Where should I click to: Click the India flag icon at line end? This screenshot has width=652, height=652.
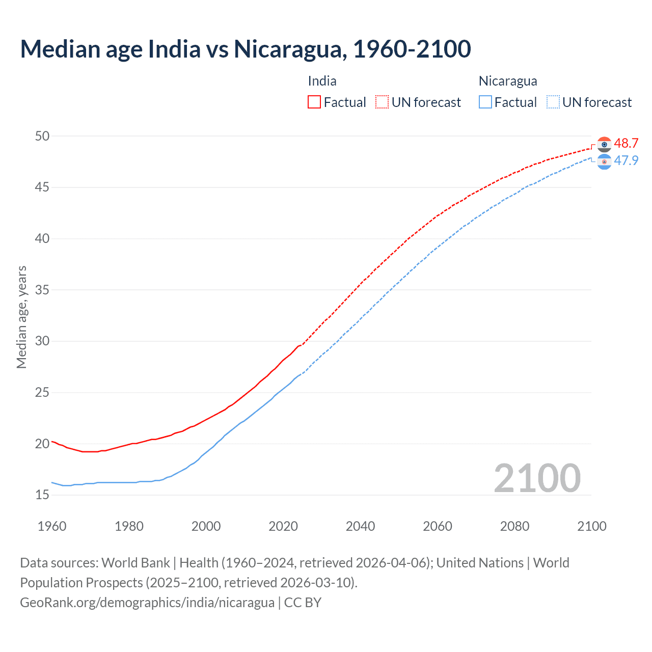604,145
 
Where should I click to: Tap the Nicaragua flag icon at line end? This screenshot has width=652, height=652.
604,162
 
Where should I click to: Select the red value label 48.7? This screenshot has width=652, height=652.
626,143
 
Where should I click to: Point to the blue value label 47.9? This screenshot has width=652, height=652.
626,160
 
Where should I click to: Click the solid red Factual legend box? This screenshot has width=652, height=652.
314,102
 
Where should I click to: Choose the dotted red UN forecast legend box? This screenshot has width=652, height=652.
382,102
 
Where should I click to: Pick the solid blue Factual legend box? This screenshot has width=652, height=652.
485,102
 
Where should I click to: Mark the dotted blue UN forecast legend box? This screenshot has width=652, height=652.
553,102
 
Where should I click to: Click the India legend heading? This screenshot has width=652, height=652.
322,81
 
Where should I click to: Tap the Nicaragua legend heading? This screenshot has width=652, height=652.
508,81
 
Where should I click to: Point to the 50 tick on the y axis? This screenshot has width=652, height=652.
42,136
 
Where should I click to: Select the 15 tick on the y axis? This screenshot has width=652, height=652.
42,495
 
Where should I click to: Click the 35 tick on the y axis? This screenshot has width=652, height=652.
42,290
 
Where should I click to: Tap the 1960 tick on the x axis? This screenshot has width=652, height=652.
52,526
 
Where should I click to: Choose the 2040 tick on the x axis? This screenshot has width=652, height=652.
360,526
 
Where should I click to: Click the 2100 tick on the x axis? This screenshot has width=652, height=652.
591,526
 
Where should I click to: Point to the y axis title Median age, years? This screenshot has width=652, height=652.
21,317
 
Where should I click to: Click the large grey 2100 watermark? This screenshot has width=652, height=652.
537,478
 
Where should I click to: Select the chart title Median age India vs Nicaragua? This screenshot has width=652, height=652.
246,49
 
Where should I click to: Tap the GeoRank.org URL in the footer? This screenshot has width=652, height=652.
147,603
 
